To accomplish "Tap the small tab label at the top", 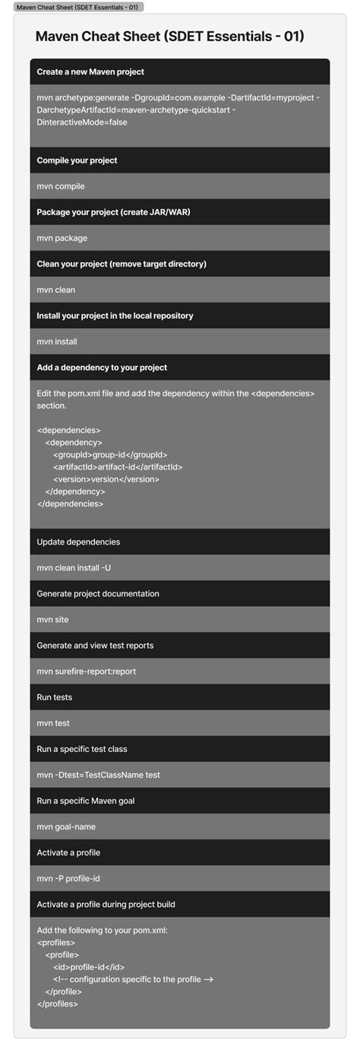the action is click(78, 7).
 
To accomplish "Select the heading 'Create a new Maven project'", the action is click(90, 71).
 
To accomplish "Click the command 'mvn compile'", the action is click(61, 186).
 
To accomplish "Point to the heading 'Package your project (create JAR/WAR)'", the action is click(113, 212).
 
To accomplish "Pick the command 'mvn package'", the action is click(62, 238).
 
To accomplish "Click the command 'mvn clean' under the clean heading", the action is click(56, 289).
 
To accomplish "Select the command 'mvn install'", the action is click(57, 341).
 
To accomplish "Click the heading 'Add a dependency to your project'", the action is click(102, 367).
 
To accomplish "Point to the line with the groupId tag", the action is click(110, 454).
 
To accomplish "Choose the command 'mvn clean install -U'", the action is click(74, 567).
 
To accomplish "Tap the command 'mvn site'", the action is click(53, 619).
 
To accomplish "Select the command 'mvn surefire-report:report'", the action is click(87, 671).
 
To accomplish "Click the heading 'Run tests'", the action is click(55, 697).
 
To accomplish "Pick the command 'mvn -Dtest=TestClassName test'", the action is click(98, 775).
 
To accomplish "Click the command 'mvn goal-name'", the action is click(66, 826).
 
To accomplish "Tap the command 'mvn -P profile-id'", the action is click(68, 878).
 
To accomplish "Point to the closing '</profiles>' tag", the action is click(57, 1003).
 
